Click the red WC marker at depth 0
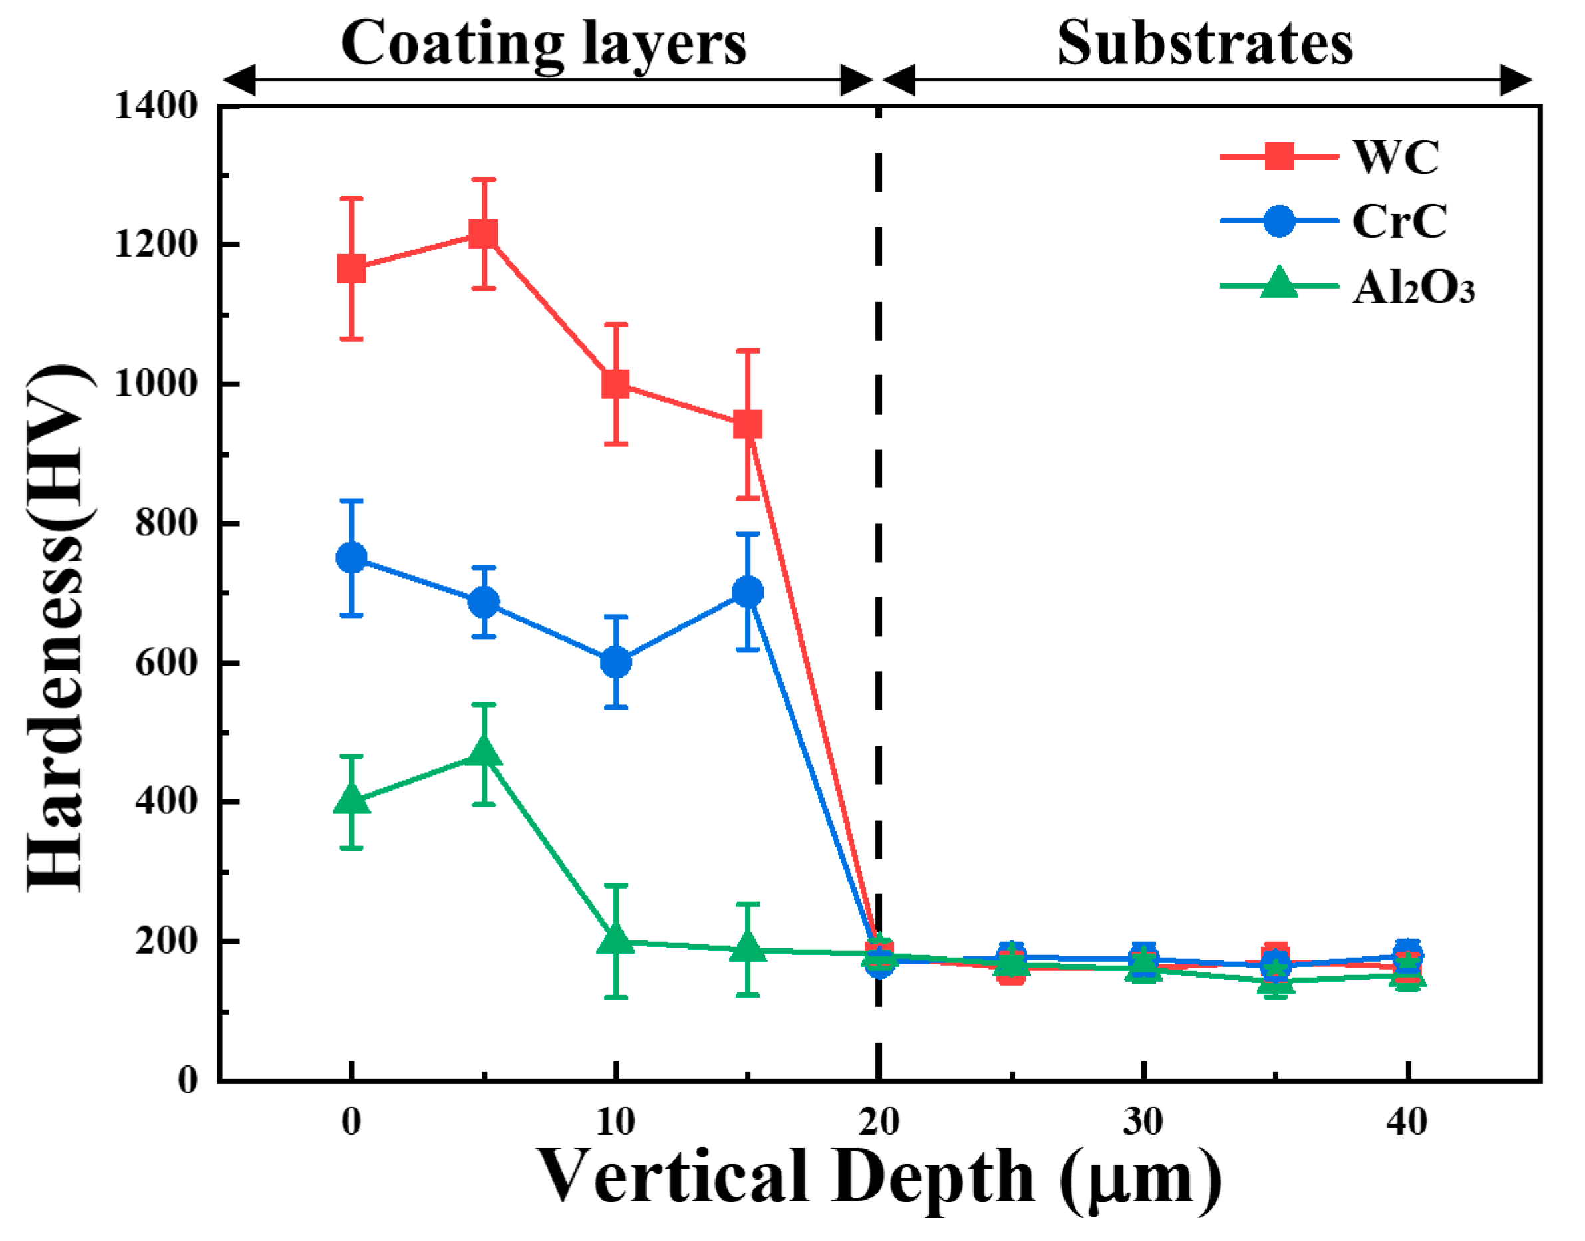tap(352, 269)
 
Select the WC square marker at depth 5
tap(484, 234)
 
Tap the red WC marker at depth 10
tap(615, 384)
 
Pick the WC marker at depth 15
tap(748, 424)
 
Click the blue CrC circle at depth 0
tap(352, 557)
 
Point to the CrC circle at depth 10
tap(615, 662)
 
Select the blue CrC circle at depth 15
tap(748, 592)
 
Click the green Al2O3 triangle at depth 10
tap(615, 940)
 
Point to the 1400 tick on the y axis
tap(156, 106)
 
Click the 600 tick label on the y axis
tap(166, 662)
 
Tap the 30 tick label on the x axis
tap(1143, 1121)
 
